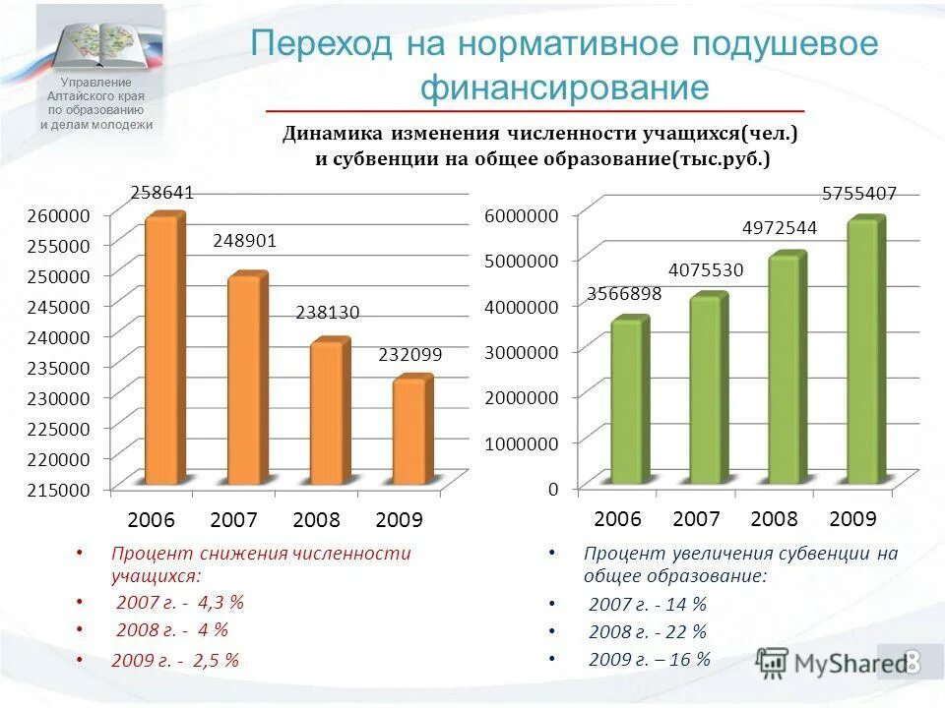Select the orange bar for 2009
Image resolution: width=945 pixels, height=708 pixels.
pyautogui.click(x=409, y=433)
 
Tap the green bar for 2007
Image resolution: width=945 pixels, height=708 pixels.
pyautogui.click(x=706, y=391)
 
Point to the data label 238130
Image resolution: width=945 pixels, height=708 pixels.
pyautogui.click(x=328, y=313)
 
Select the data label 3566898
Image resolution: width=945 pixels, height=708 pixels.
pyautogui.click(x=624, y=293)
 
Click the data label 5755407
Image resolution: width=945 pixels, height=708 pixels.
pyautogui.click(x=859, y=195)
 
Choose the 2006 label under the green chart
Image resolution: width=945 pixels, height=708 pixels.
pyautogui.click(x=618, y=518)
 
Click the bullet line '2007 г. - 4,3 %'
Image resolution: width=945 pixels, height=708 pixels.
pyautogui.click(x=179, y=602)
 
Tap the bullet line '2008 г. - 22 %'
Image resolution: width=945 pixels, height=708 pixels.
pyautogui.click(x=648, y=632)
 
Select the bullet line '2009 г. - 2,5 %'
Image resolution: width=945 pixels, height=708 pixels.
pyautogui.click(x=175, y=661)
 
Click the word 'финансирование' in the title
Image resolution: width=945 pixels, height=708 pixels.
pyautogui.click(x=565, y=88)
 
